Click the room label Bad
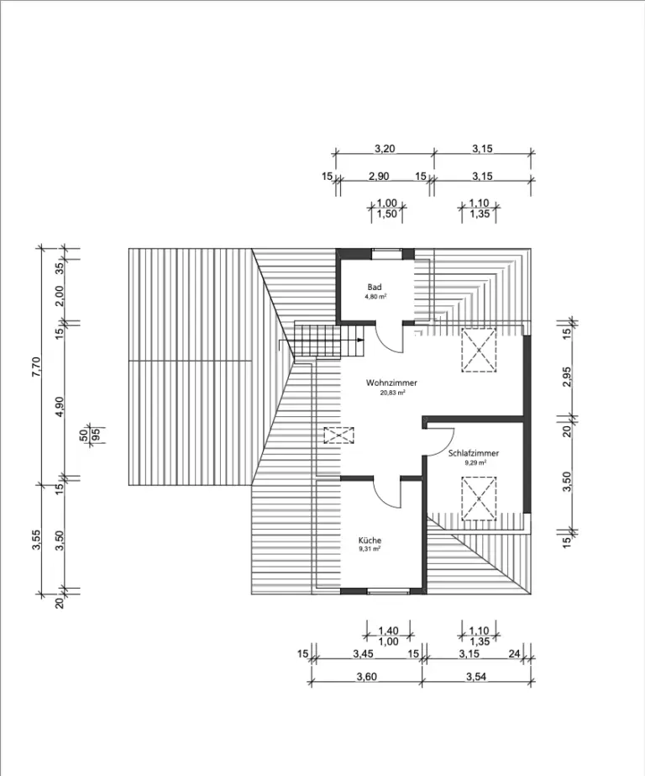click(x=375, y=288)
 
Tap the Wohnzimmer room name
click(x=391, y=383)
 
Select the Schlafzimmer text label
click(x=474, y=453)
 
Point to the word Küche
click(x=370, y=540)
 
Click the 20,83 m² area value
click(x=392, y=393)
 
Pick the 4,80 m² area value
click(x=375, y=297)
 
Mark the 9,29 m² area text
click(x=475, y=462)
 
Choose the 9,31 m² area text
click(x=370, y=549)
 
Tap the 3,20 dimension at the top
click(x=384, y=149)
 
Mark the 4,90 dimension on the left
click(x=60, y=404)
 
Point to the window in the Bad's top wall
click(x=386, y=251)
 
